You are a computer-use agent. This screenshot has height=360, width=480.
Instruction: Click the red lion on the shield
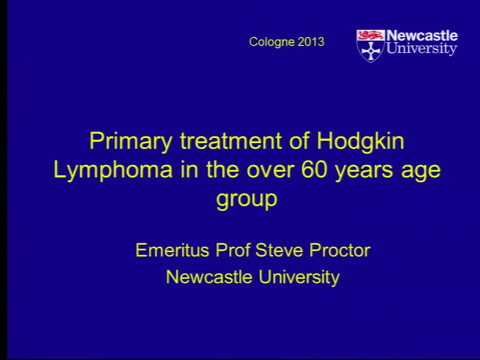(x=370, y=35)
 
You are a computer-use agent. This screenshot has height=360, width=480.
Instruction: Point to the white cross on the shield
(x=371, y=51)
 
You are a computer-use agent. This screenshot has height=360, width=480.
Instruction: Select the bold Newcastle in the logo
(x=422, y=36)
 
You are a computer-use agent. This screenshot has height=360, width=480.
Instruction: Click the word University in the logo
(x=422, y=48)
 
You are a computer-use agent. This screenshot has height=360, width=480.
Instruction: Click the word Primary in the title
(x=131, y=142)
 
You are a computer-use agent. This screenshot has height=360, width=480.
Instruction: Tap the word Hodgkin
(x=360, y=142)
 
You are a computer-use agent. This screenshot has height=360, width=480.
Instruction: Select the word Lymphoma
(x=113, y=170)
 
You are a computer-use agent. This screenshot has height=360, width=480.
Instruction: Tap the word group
(x=247, y=200)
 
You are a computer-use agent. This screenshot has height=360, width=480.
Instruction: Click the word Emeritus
(x=172, y=250)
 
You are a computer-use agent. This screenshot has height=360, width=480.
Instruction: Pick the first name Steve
(x=279, y=250)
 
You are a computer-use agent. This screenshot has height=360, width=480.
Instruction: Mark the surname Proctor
(x=340, y=250)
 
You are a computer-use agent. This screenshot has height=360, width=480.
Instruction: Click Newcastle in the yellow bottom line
(x=209, y=277)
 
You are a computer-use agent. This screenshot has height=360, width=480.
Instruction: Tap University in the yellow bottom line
(x=299, y=277)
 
